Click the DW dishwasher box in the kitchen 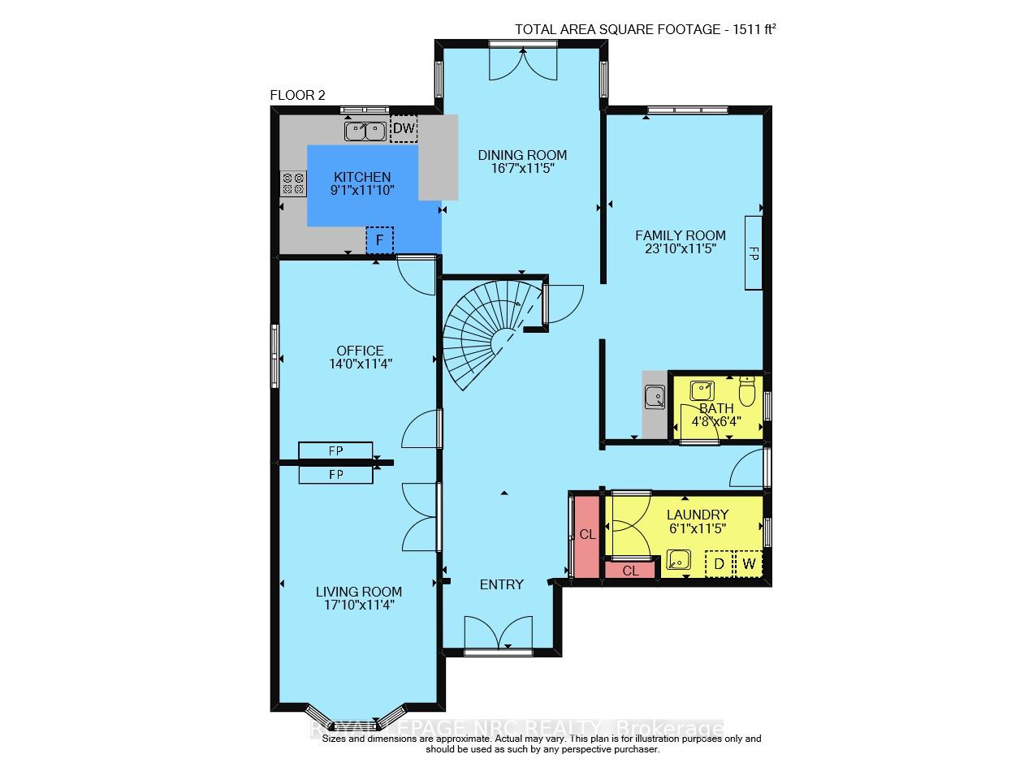pos(403,128)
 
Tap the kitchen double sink pos(365,130)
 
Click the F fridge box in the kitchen pos(379,240)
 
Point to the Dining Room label pos(521,155)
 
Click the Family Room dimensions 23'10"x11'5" pos(681,249)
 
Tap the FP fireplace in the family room pos(753,252)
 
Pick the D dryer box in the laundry pos(719,563)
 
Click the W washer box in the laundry pos(749,563)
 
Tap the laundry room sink pos(677,560)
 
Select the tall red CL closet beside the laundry pos(586,534)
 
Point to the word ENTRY pos(501,584)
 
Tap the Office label pos(354,351)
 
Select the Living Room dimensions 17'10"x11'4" pos(359,605)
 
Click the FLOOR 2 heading pos(297,95)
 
